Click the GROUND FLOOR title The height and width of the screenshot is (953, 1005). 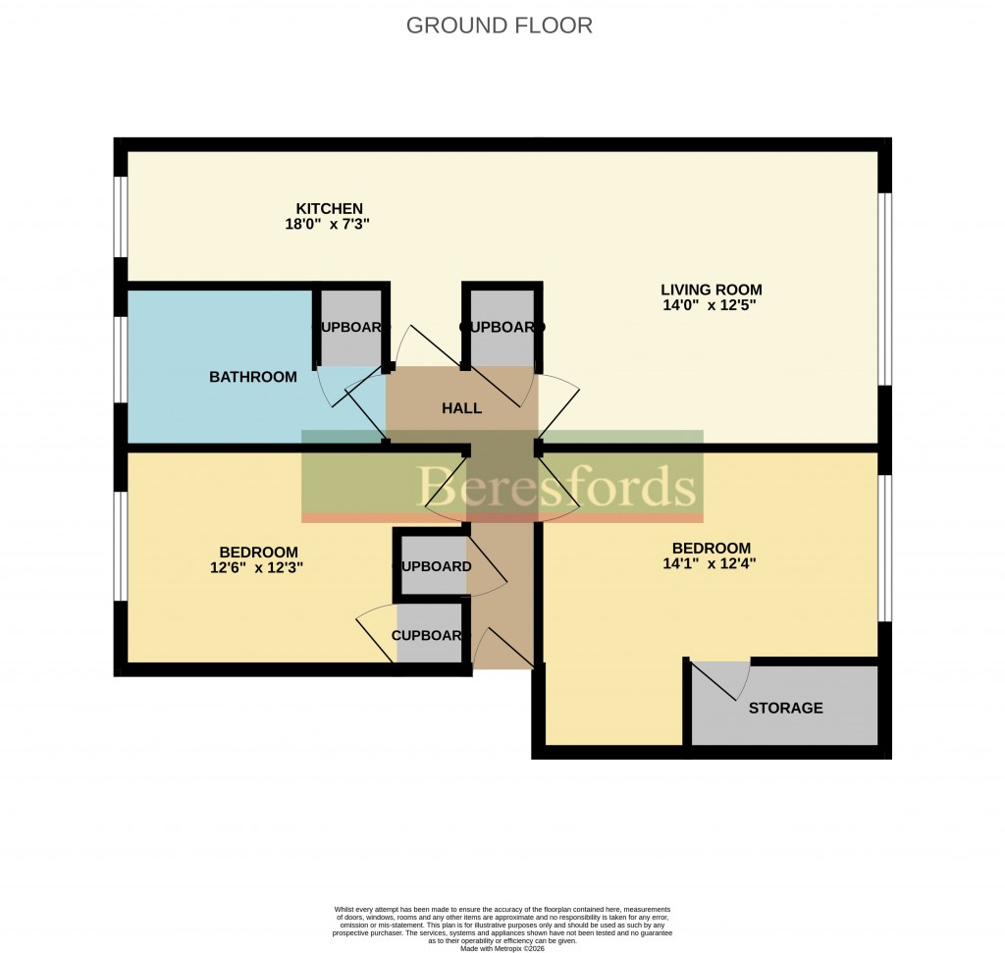(499, 26)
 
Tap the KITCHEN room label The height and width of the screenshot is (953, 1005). (330, 208)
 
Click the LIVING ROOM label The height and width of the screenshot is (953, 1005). (711, 290)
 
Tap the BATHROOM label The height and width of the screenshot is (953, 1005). (252, 377)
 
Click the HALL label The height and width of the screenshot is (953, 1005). (461, 408)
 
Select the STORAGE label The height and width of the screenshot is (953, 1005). (785, 708)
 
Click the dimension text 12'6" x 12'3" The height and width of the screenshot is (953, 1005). (258, 567)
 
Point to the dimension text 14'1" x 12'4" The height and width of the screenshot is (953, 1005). (711, 563)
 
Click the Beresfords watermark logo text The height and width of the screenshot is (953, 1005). (557, 486)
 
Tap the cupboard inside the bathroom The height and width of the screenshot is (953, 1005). (350, 328)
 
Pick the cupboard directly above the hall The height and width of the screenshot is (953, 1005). (501, 328)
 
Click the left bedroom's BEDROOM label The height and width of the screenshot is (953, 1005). (258, 552)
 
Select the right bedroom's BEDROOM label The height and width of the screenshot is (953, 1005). (711, 548)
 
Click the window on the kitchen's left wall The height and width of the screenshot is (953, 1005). (121, 216)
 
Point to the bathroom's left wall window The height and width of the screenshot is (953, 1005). (121, 359)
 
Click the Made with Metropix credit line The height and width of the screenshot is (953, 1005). (502, 947)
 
